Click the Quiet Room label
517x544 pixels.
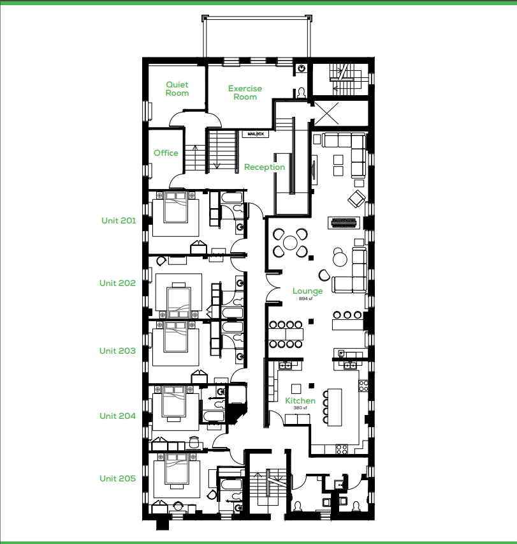[x=177, y=89]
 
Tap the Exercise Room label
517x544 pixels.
[x=245, y=93]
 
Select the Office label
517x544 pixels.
[x=166, y=153]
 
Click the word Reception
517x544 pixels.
[x=265, y=167]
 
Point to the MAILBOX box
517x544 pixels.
[x=256, y=134]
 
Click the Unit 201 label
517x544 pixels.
[x=119, y=221]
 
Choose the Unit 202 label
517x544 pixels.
[x=117, y=283]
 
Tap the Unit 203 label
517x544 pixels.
[x=117, y=351]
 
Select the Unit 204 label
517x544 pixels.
[x=117, y=416]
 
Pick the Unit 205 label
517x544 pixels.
[x=117, y=478]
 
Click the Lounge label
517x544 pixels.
[x=307, y=291]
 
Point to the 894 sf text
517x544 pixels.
[x=306, y=299]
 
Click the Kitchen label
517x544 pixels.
[x=300, y=401]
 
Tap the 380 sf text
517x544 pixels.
[x=300, y=408]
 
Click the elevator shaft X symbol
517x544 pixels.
[x=326, y=114]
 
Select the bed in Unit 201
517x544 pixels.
[x=175, y=208]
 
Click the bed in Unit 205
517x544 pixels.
[x=177, y=469]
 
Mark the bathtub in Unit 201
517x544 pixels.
[x=231, y=198]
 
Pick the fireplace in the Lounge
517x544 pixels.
[x=344, y=223]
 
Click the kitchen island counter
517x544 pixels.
[x=334, y=407]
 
